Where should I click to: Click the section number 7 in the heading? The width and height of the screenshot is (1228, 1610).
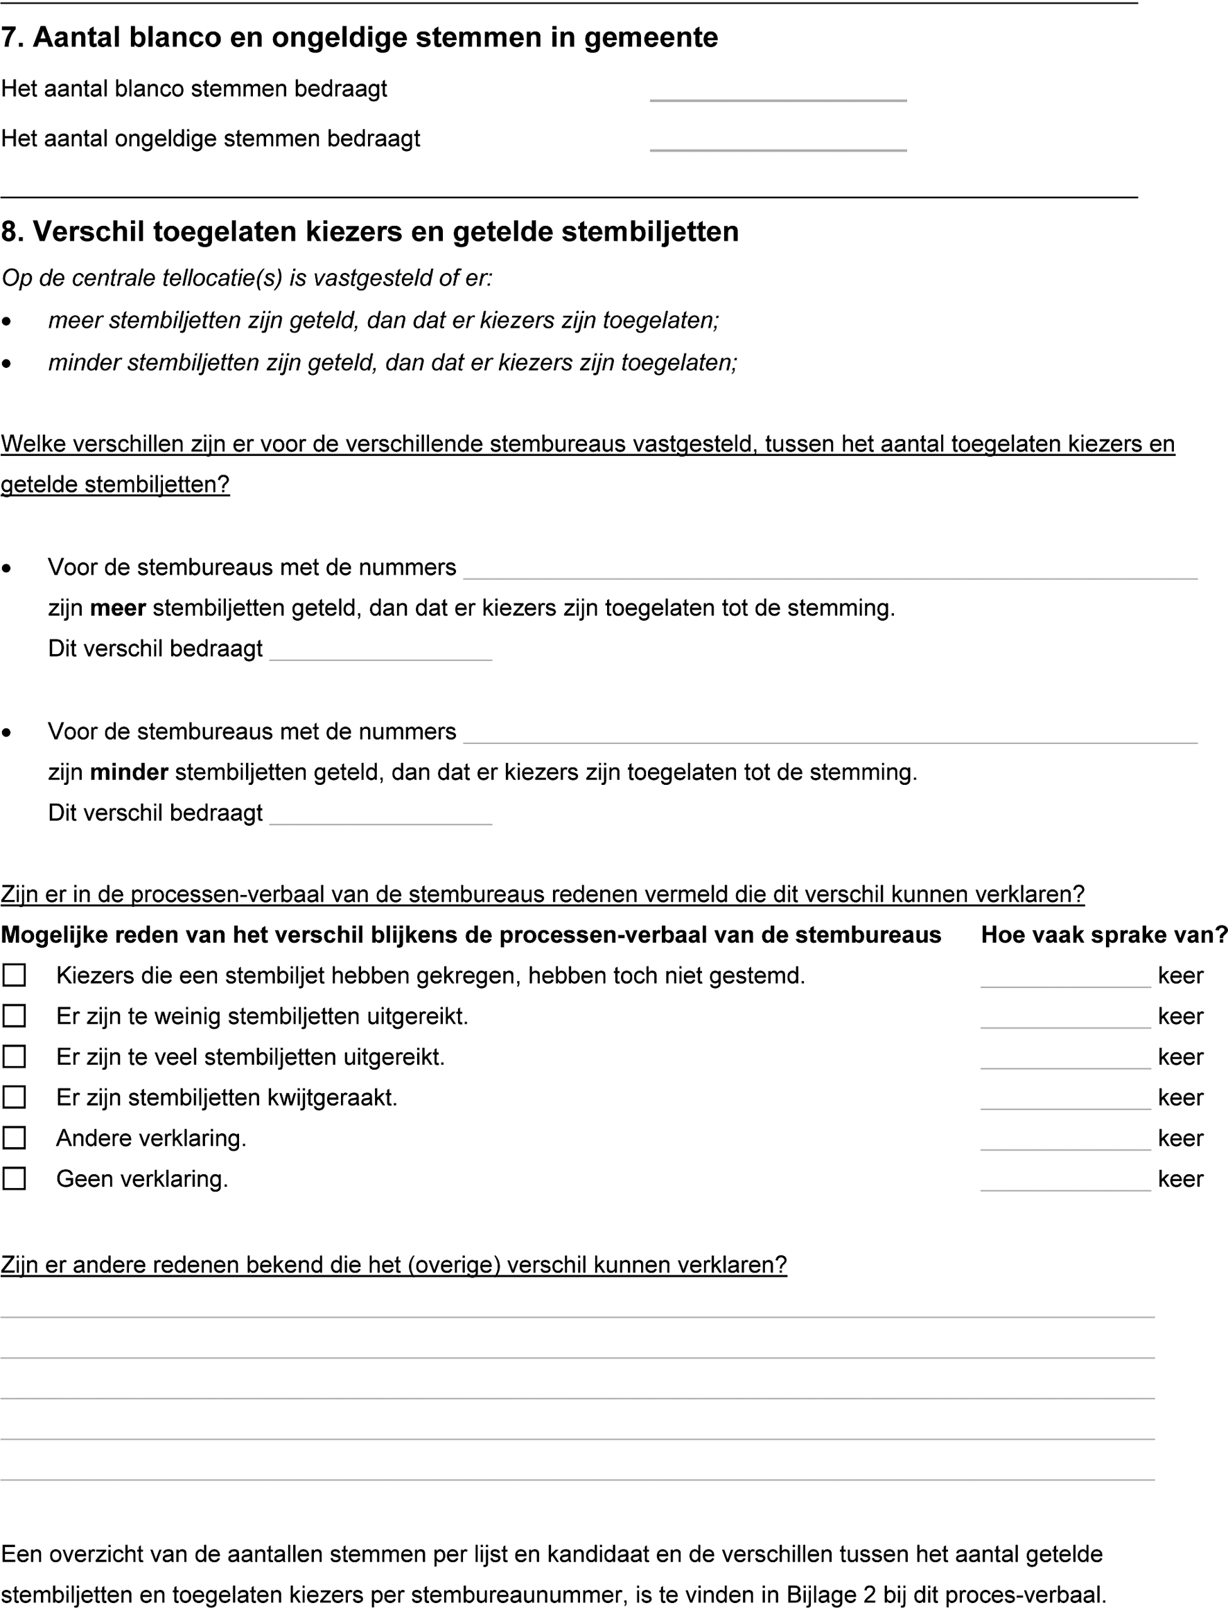9,38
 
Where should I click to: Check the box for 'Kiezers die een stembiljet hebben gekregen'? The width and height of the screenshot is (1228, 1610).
15,975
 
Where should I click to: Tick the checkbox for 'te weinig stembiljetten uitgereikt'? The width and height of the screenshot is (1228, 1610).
15,1016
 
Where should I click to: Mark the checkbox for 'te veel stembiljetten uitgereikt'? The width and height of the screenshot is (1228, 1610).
15,1056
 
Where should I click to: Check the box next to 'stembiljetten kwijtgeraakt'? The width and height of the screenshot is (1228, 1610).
15,1097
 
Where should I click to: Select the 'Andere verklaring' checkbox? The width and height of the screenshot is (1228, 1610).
15,1138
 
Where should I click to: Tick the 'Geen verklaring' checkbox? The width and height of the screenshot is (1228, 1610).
15,1179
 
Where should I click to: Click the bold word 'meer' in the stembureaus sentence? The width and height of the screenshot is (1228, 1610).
118,608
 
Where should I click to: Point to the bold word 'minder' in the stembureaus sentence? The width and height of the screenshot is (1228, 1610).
129,772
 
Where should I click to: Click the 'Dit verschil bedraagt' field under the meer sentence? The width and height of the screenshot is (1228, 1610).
380,651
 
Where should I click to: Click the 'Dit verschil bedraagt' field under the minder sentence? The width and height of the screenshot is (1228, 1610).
380,815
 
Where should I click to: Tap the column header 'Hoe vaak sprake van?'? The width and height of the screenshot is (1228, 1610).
1103,935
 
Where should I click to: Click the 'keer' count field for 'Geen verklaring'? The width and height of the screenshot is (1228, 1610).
1065,1180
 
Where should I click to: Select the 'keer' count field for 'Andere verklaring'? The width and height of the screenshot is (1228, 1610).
1065,1140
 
